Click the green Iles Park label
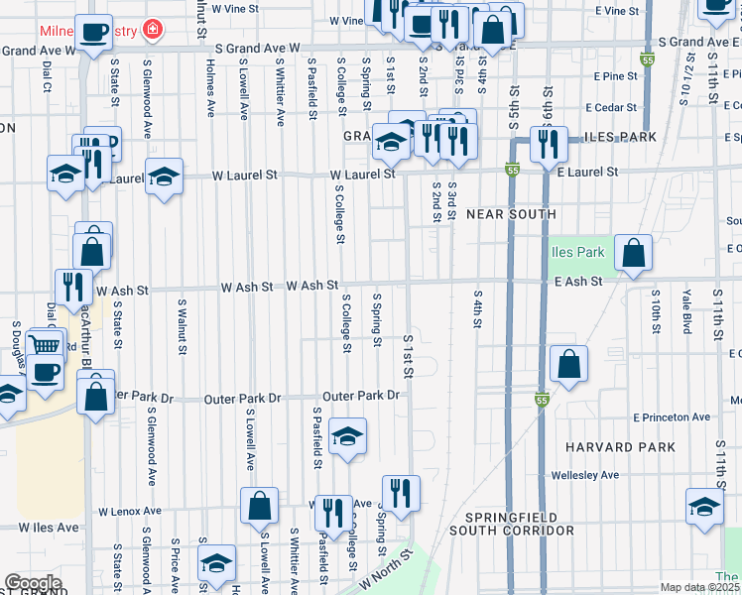[x=577, y=252]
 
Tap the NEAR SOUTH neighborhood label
[x=511, y=214]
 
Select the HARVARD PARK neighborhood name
[x=613, y=447]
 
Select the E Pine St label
[x=615, y=75]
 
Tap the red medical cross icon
[x=152, y=30]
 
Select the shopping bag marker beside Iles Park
[x=633, y=253]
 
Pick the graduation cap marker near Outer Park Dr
[x=347, y=436]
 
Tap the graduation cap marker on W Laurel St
[x=164, y=177]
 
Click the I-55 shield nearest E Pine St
[x=646, y=60]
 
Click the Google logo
[x=33, y=583]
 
